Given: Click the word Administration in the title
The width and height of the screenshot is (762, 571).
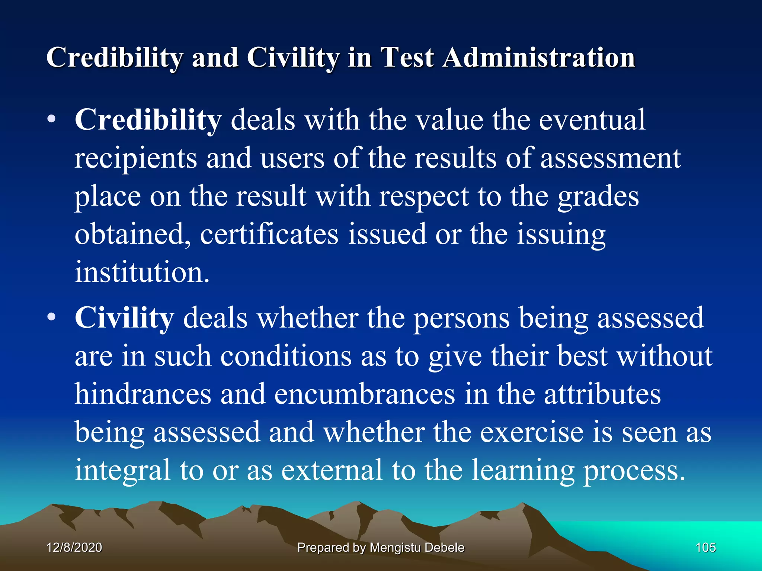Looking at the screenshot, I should [538, 58].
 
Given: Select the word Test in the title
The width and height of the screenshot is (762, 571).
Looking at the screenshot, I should [407, 58].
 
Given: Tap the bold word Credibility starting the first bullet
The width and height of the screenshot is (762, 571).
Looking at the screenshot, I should [148, 120].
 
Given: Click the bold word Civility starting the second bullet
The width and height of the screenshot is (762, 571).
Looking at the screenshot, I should [124, 318].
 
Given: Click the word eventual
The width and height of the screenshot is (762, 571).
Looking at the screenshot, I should [592, 120].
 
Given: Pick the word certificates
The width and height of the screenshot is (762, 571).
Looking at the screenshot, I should [269, 234].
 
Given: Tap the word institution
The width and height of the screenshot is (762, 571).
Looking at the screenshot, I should [142, 272].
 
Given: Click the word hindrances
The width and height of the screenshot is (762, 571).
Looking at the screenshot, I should [143, 394].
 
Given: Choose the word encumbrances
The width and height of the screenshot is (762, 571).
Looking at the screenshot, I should [365, 394].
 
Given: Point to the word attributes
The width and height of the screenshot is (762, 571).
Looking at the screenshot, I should [602, 394].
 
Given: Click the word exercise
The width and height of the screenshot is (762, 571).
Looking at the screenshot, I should [532, 432].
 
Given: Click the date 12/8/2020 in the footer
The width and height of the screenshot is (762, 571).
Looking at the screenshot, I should [74, 547].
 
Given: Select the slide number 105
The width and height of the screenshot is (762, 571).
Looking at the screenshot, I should [705, 547].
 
